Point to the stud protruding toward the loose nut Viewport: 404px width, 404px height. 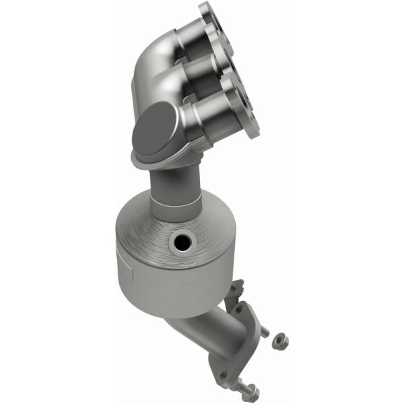click(264, 332)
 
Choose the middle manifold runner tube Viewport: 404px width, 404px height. click(202, 71)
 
